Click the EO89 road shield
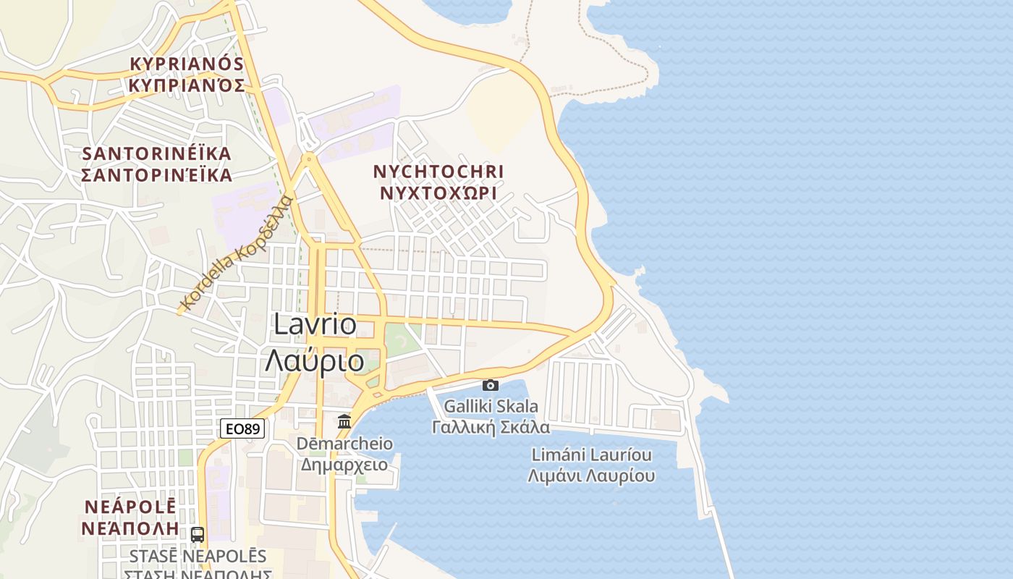point(242,428)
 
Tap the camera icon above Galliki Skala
point(491,385)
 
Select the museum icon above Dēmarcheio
point(344,420)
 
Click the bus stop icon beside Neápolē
point(198,535)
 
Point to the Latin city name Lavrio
point(315,324)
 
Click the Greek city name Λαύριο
point(314,360)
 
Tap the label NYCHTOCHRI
point(438,172)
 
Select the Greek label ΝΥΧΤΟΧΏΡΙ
point(438,193)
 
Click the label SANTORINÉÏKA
point(157,153)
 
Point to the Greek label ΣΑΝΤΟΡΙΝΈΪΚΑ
point(157,175)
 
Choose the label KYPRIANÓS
point(187,64)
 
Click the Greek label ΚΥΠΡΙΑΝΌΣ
point(187,85)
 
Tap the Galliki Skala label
point(491,406)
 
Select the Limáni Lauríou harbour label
point(592,455)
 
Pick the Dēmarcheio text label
point(344,444)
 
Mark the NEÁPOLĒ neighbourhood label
point(130,506)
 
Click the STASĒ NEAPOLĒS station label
point(198,557)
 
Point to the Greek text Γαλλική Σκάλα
point(491,427)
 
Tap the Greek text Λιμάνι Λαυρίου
point(592,476)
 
